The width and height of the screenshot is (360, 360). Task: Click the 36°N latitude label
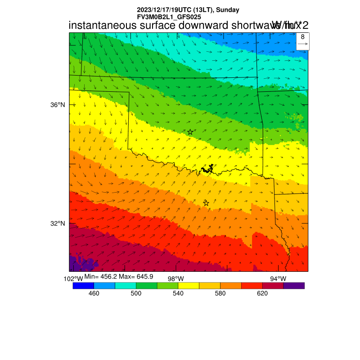pos(58,105)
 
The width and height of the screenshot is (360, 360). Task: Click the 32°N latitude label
pos(58,224)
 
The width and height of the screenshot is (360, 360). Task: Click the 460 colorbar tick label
pos(94,293)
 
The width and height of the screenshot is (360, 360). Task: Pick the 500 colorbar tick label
pos(136,293)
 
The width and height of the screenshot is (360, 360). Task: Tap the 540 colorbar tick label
pos(178,293)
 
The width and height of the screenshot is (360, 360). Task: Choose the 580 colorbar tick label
pos(220,293)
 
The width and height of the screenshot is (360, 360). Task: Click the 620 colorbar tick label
pos(262,293)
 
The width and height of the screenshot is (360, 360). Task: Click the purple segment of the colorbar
pos(294,285)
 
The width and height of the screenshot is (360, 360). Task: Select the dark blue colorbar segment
pos(83,285)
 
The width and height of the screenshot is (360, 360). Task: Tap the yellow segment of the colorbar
pos(189,285)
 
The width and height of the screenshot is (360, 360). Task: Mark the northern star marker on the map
pos(190,132)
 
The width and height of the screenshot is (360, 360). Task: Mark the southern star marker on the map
pos(206,203)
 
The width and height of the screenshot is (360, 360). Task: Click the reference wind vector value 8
pos(303,37)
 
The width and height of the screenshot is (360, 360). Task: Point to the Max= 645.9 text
pos(136,276)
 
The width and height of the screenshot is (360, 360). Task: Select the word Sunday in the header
pos(228,10)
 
